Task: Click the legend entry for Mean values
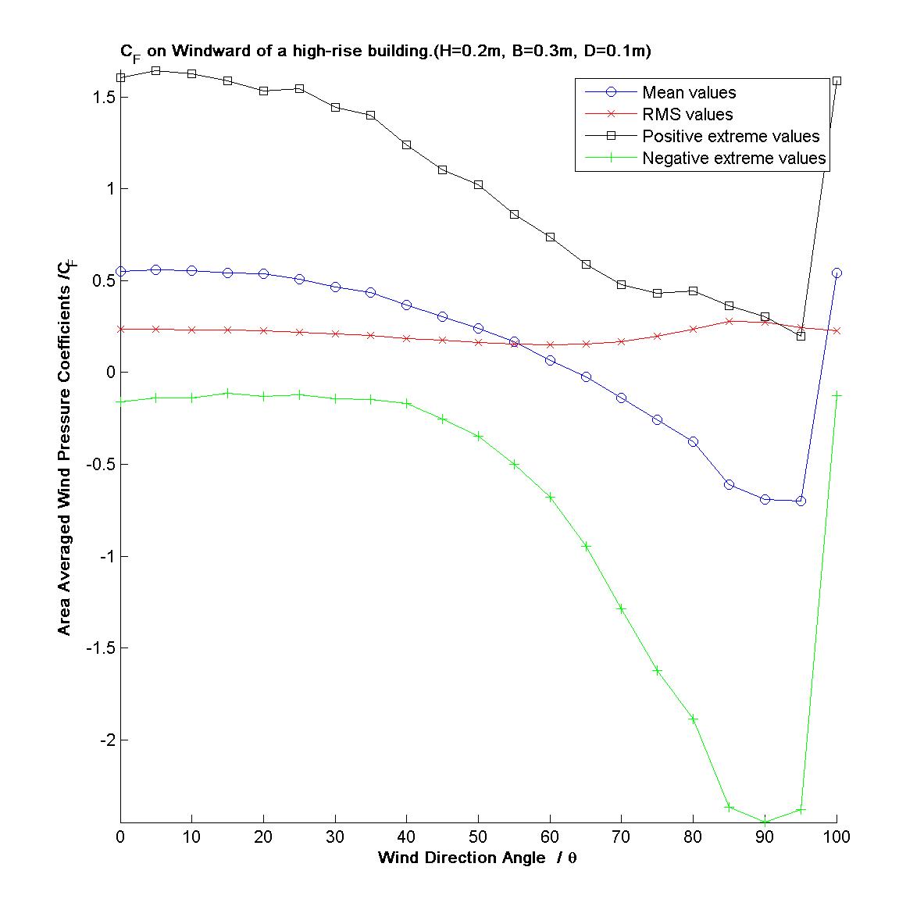[x=688, y=93]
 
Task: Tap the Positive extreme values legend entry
[x=730, y=137]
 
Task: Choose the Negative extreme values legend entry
[x=733, y=159]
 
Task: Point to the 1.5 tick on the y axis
[x=104, y=98]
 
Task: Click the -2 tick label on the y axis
[x=107, y=740]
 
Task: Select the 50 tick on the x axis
[x=479, y=837]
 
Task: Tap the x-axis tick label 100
[x=837, y=837]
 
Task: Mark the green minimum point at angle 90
[x=765, y=822]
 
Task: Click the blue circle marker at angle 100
[x=837, y=273]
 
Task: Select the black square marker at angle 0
[x=120, y=77]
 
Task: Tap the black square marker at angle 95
[x=801, y=336]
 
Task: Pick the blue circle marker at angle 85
[x=729, y=484]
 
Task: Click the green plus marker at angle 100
[x=837, y=395]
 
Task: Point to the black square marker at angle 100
[x=837, y=80]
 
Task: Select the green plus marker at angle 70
[x=622, y=608]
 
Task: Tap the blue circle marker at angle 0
[x=120, y=272]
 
